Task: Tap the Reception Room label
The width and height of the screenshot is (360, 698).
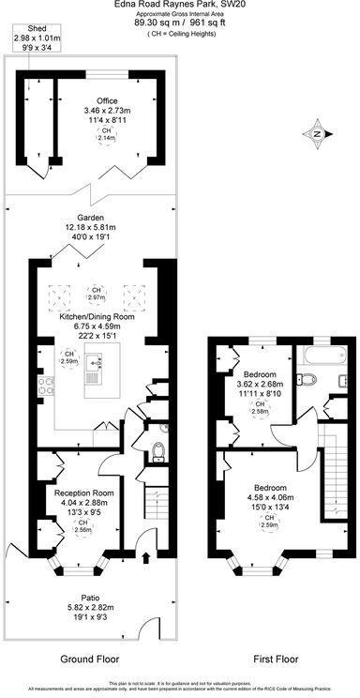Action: pyautogui.click(x=83, y=493)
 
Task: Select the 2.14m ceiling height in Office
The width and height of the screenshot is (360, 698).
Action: pyautogui.click(x=106, y=134)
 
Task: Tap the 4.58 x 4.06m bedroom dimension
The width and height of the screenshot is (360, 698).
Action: pyautogui.click(x=269, y=498)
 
